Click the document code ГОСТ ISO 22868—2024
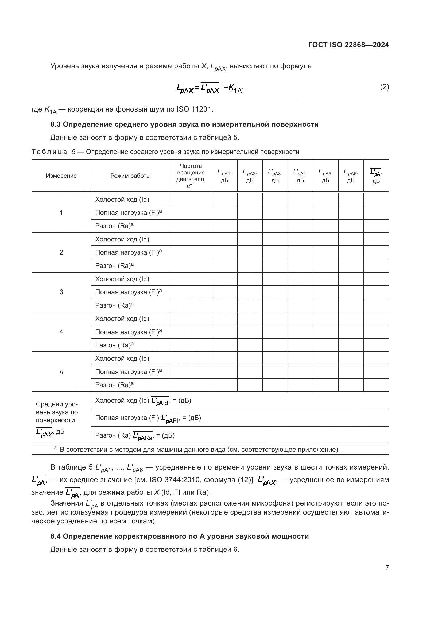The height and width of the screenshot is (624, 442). pyautogui.click(x=348, y=45)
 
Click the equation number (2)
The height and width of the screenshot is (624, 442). pyautogui.click(x=384, y=87)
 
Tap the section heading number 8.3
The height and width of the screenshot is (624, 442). pyautogui.click(x=56, y=125)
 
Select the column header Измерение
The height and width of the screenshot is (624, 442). pyautogui.click(x=61, y=176)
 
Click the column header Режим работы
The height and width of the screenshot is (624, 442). pyautogui.click(x=130, y=176)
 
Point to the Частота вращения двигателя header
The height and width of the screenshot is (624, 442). pyautogui.click(x=191, y=176)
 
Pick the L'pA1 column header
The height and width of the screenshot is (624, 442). pyautogui.click(x=224, y=176)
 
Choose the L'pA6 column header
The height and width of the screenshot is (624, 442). pyautogui.click(x=351, y=176)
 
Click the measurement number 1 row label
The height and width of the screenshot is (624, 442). pyautogui.click(x=61, y=213)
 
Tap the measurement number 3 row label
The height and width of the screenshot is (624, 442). pyautogui.click(x=61, y=292)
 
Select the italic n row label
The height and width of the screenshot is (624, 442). pyautogui.click(x=61, y=372)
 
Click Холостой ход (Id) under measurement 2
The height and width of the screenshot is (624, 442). pyautogui.click(x=122, y=239)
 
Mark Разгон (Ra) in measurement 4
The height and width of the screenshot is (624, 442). pyautogui.click(x=114, y=345)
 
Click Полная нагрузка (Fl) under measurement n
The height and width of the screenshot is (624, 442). pyautogui.click(x=128, y=372)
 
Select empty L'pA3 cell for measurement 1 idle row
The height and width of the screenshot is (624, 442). pyautogui.click(x=275, y=200)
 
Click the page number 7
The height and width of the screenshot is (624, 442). pyautogui.click(x=387, y=567)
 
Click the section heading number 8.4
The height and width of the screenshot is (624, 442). pyautogui.click(x=56, y=536)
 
